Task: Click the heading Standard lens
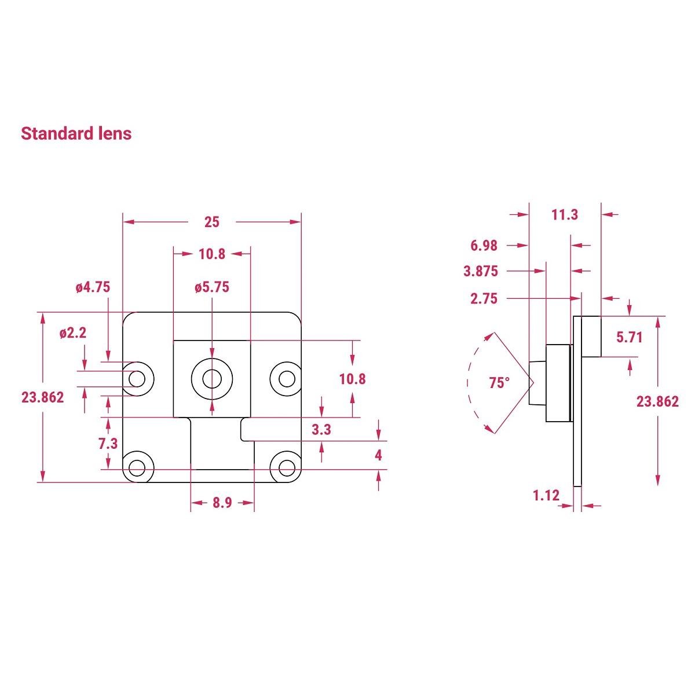coord(76,133)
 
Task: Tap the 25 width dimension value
coord(212,222)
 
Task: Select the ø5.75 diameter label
coord(212,287)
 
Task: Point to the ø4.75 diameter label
coord(93,287)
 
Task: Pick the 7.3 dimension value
coord(108,444)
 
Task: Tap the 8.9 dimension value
coord(222,503)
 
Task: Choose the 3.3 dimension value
coord(321,430)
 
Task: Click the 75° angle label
coord(499,383)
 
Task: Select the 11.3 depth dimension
coord(565,215)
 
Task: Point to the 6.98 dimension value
coord(484,246)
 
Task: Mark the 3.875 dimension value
coord(481,271)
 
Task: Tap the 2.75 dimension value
coord(484,299)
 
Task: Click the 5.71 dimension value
coord(630,336)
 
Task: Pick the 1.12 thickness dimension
coord(546,495)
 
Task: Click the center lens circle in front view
coord(212,379)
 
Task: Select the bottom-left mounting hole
coord(137,467)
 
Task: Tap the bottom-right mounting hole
coord(287,467)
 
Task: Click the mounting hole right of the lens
coord(287,379)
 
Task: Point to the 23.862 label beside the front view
coord(42,397)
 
